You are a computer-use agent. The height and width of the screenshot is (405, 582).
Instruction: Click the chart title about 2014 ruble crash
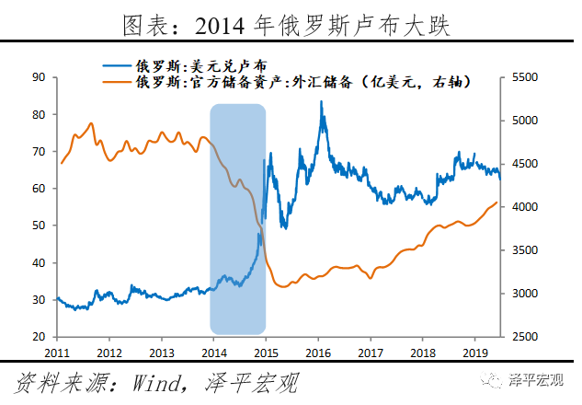(290, 22)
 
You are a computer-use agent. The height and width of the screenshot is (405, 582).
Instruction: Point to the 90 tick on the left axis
(39, 77)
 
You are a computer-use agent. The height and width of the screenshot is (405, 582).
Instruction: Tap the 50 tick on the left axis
(39, 226)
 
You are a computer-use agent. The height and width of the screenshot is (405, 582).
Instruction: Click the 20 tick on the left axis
(39, 337)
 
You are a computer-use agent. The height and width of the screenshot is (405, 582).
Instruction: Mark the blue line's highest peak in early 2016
(321, 102)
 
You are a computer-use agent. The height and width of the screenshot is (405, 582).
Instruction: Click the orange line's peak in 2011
(90, 123)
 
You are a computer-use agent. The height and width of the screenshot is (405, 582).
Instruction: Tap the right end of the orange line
(497, 202)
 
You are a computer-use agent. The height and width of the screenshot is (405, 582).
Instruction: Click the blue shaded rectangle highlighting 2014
(238, 219)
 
